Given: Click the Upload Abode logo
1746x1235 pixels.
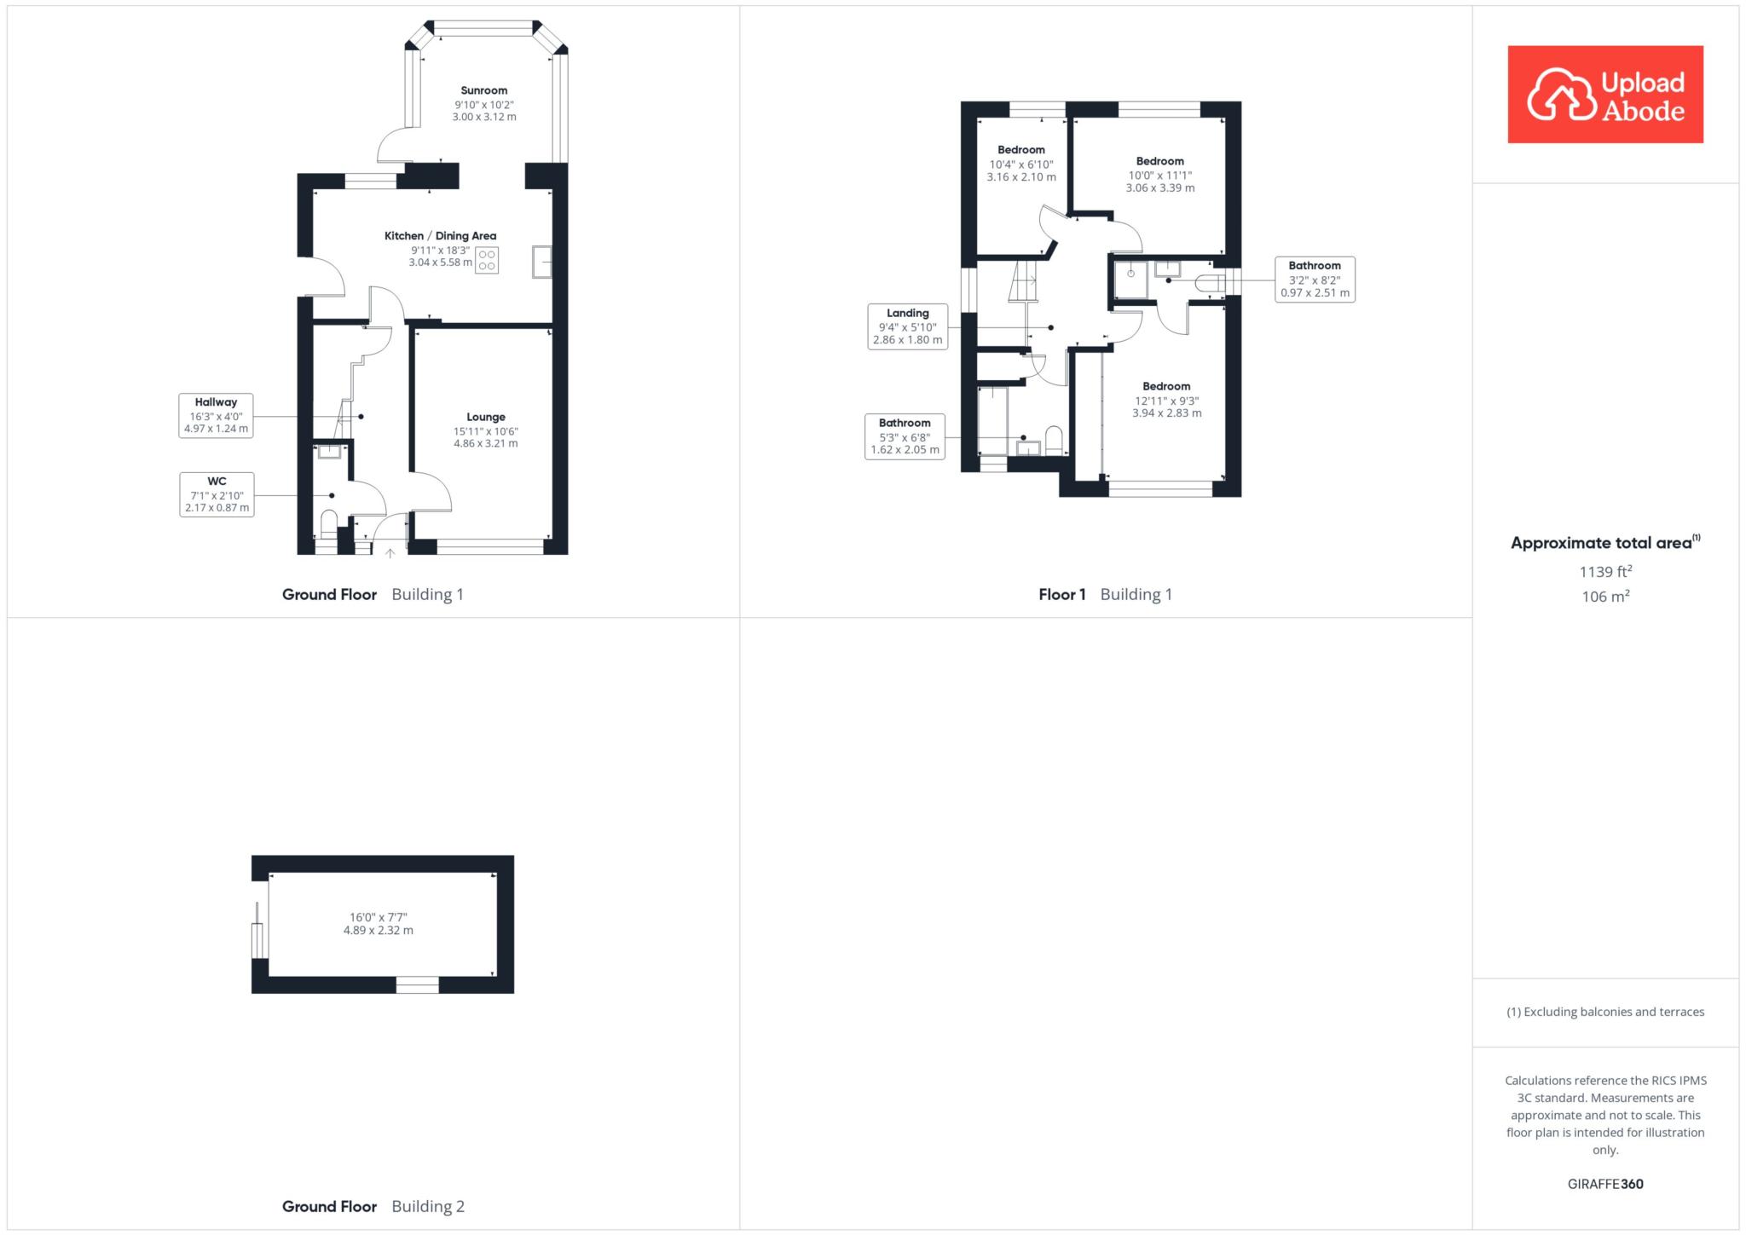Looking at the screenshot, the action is (x=1605, y=95).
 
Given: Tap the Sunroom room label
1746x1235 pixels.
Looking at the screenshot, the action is (x=484, y=90).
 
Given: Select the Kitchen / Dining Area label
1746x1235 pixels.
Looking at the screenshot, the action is (x=440, y=236).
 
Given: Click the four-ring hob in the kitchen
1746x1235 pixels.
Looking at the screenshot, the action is (x=487, y=260).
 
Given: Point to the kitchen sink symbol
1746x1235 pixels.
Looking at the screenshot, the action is (x=542, y=261).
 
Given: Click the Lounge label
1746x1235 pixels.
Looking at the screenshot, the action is (x=486, y=417).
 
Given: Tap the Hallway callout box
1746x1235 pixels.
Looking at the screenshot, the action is (x=216, y=415).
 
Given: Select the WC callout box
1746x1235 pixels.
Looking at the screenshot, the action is (x=217, y=494).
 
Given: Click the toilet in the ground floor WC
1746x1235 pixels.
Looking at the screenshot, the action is (x=328, y=521).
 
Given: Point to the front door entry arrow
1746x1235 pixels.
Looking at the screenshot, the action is (x=390, y=553).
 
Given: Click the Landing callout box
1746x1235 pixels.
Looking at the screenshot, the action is (x=907, y=326).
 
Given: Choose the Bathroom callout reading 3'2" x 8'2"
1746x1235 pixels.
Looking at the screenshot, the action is (x=1315, y=279).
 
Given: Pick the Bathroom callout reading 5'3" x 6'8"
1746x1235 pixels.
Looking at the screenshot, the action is (x=905, y=436).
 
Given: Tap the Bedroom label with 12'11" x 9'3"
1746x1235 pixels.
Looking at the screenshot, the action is (x=1166, y=386).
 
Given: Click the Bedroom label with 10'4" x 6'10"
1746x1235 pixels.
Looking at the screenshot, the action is (x=1021, y=150).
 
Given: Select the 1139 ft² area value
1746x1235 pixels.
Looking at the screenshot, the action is (x=1605, y=571).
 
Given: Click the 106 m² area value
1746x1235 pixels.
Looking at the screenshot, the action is (x=1605, y=596).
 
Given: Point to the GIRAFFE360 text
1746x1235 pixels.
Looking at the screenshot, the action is (x=1605, y=1184).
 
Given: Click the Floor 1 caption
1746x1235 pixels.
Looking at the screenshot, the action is (x=1062, y=594).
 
